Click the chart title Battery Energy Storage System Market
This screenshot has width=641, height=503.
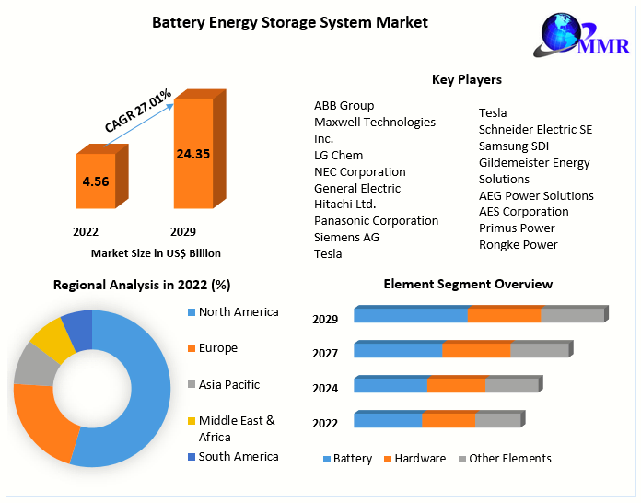(x=289, y=22)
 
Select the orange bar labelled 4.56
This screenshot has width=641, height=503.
(x=96, y=181)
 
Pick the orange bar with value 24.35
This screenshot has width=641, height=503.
(x=193, y=154)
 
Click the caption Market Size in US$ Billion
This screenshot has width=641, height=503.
(x=156, y=252)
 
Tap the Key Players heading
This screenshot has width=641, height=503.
(x=467, y=79)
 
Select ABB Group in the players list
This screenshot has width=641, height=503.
(x=344, y=105)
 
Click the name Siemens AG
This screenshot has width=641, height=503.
(x=346, y=237)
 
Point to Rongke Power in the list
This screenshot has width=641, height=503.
(x=518, y=244)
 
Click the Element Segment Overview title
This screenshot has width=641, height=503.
(x=468, y=284)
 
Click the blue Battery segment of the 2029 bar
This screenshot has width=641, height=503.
(x=411, y=315)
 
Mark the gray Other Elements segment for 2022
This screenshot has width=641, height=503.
(x=497, y=420)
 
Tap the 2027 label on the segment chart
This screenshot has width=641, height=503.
(x=325, y=353)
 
